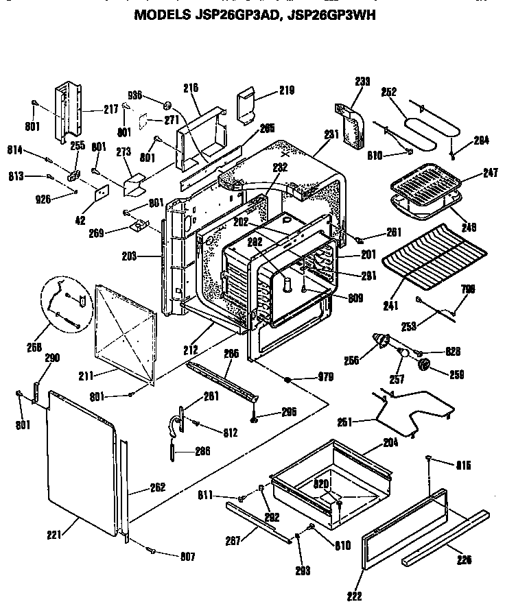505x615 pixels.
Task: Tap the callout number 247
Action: [490, 174]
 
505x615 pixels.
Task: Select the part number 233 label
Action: [362, 82]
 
